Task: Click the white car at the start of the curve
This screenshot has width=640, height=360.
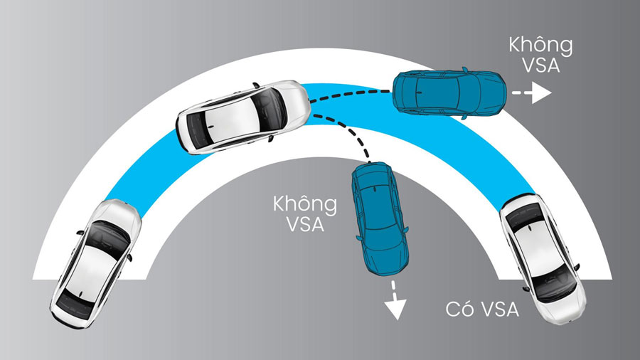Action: coord(95,264)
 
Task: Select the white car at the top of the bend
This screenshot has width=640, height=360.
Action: coord(243,117)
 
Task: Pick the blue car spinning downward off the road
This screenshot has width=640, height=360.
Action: coord(380,219)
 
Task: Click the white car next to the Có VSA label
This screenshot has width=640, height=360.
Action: coord(543,258)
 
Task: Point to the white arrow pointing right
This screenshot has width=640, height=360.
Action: coord(532,92)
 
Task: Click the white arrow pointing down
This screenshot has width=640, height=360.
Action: coord(395,300)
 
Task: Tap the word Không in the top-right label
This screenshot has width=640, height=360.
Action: coord(540,46)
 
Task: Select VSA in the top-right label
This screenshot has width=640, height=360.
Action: coord(541,65)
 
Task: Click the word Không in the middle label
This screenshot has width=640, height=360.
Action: coord(305,205)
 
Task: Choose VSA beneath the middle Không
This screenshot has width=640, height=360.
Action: coord(305,225)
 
